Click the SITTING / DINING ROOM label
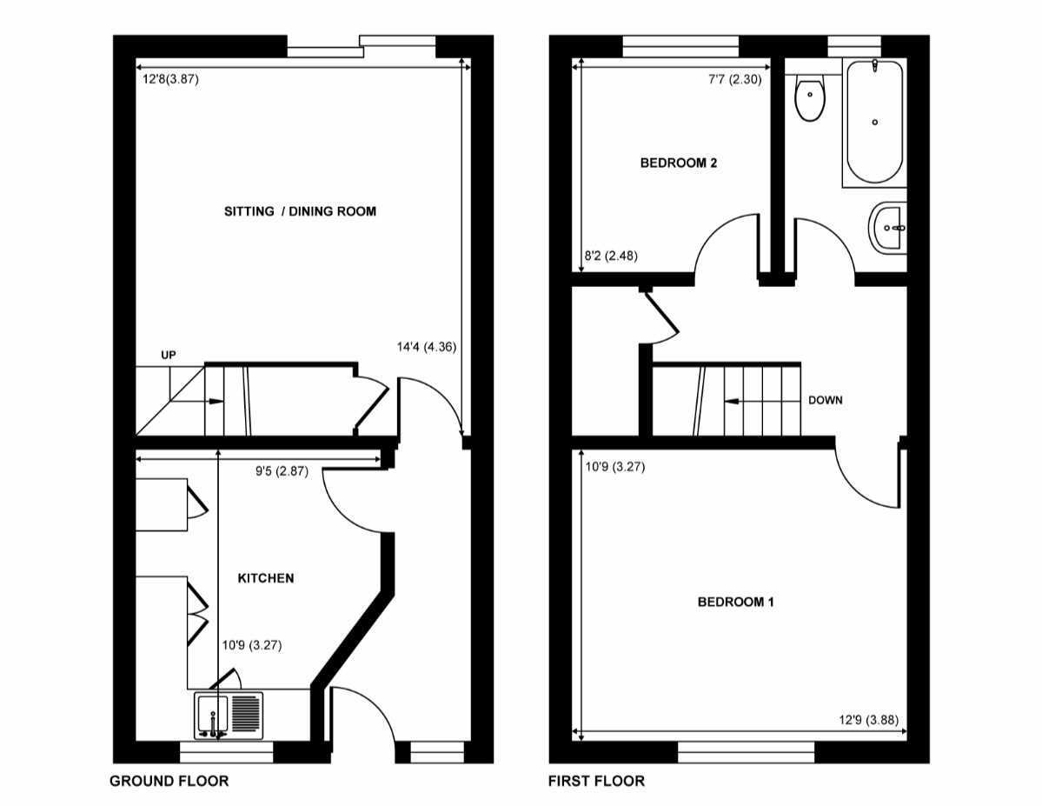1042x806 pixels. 300,211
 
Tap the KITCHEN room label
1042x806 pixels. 266,578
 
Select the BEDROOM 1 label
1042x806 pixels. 735,602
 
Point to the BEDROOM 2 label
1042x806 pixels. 679,163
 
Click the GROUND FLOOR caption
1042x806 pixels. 169,781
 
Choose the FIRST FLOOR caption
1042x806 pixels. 596,781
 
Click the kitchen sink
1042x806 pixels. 229,716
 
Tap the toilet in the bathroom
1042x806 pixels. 810,97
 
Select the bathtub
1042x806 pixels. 874,122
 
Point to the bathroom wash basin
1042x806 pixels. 887,228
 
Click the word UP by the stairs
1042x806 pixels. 169,355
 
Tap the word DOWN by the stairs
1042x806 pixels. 826,400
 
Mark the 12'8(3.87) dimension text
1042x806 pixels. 171,79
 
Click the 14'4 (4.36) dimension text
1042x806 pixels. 427,346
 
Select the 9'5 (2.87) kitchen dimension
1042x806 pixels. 282,471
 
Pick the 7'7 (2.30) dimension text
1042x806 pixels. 735,79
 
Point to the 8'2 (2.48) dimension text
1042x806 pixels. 611,256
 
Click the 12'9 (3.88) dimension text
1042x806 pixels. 868,720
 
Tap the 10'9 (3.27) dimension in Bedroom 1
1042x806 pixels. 615,467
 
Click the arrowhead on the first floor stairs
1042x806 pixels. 731,402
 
